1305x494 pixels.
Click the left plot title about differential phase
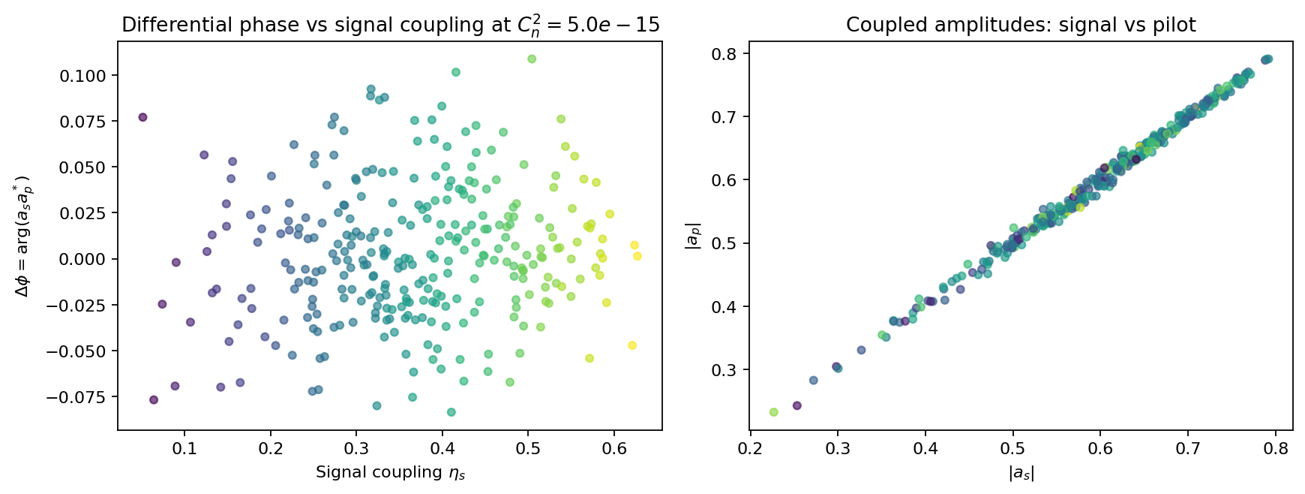point(390,25)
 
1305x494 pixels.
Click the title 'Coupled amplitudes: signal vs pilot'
point(1021,26)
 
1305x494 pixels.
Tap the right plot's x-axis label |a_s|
point(1021,473)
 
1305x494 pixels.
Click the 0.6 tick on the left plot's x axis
point(614,448)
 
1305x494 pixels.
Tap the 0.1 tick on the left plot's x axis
point(184,448)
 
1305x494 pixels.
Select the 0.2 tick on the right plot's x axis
point(751,448)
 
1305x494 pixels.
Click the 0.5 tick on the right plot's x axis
point(1013,448)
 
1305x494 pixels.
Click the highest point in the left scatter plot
point(532,59)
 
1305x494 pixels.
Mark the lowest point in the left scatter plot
point(451,412)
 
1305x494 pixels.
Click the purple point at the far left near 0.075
point(142,117)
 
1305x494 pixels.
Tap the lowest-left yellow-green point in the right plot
point(774,412)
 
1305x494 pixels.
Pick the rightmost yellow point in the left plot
point(637,256)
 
